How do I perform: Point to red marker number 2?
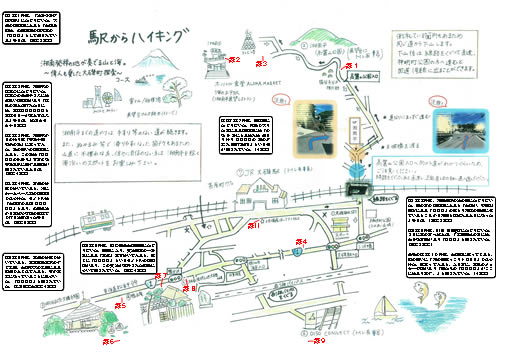234,61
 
